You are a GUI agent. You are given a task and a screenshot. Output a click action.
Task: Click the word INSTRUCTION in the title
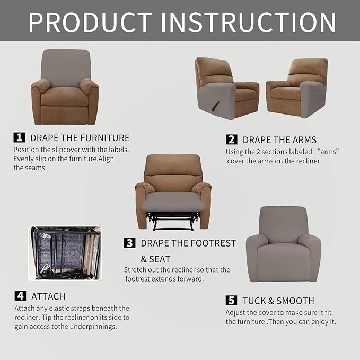tap(248, 22)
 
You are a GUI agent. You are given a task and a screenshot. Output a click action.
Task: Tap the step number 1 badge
tap(19, 137)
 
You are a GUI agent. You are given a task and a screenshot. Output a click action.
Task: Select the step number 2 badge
tap(231, 139)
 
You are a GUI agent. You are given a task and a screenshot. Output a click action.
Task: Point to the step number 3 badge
tap(129, 243)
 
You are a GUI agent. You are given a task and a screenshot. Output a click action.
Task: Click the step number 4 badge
tap(20, 296)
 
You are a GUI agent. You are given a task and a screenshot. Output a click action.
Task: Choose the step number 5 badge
tap(231, 301)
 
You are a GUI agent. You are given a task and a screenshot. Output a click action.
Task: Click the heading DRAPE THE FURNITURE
tap(80, 138)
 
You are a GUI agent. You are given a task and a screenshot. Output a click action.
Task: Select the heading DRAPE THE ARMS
tap(279, 140)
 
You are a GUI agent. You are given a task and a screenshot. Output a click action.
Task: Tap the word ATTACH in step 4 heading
tap(48, 296)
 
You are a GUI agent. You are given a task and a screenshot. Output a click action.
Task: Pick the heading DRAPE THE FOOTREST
tap(188, 243)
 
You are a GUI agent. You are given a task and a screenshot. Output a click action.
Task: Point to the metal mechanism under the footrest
tap(173, 220)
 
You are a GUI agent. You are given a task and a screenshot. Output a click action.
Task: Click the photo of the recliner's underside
tap(65, 253)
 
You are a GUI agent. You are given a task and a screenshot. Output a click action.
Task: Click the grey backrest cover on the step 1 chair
tap(66, 67)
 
